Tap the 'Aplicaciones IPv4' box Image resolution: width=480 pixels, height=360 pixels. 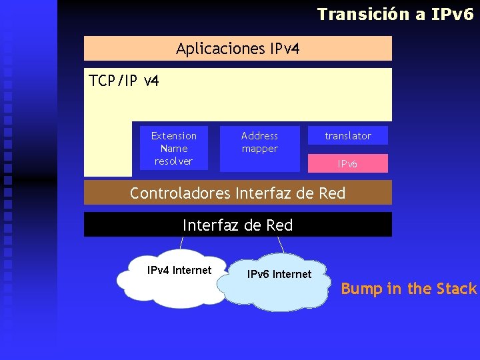(237, 48)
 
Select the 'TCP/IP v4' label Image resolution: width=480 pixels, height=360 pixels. (124, 81)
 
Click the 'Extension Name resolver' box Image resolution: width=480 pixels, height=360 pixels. (174, 148)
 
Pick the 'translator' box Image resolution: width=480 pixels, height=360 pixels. (347, 136)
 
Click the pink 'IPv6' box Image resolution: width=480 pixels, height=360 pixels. (347, 163)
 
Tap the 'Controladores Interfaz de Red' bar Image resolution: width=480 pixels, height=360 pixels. (237, 193)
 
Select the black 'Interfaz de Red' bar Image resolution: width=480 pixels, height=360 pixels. (237, 225)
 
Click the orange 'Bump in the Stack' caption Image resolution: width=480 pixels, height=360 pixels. (409, 289)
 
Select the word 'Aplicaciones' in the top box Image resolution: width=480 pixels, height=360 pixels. (221, 48)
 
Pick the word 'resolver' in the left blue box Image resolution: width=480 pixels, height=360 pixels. (173, 161)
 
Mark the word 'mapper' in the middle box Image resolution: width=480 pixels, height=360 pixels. (259, 149)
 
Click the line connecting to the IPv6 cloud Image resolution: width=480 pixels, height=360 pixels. (281, 245)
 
